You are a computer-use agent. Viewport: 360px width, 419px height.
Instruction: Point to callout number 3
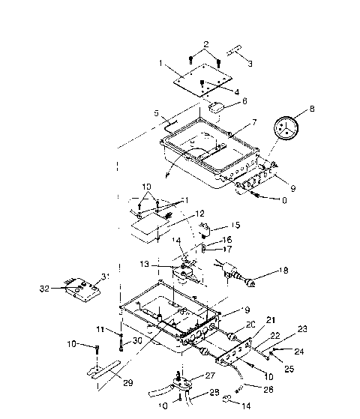click(x=250, y=62)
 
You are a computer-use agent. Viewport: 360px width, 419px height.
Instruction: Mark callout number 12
click(x=199, y=213)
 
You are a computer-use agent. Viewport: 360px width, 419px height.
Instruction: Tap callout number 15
click(x=235, y=223)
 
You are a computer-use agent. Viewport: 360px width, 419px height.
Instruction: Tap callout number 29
click(x=129, y=383)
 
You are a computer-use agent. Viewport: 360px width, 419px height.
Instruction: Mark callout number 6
click(x=244, y=100)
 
